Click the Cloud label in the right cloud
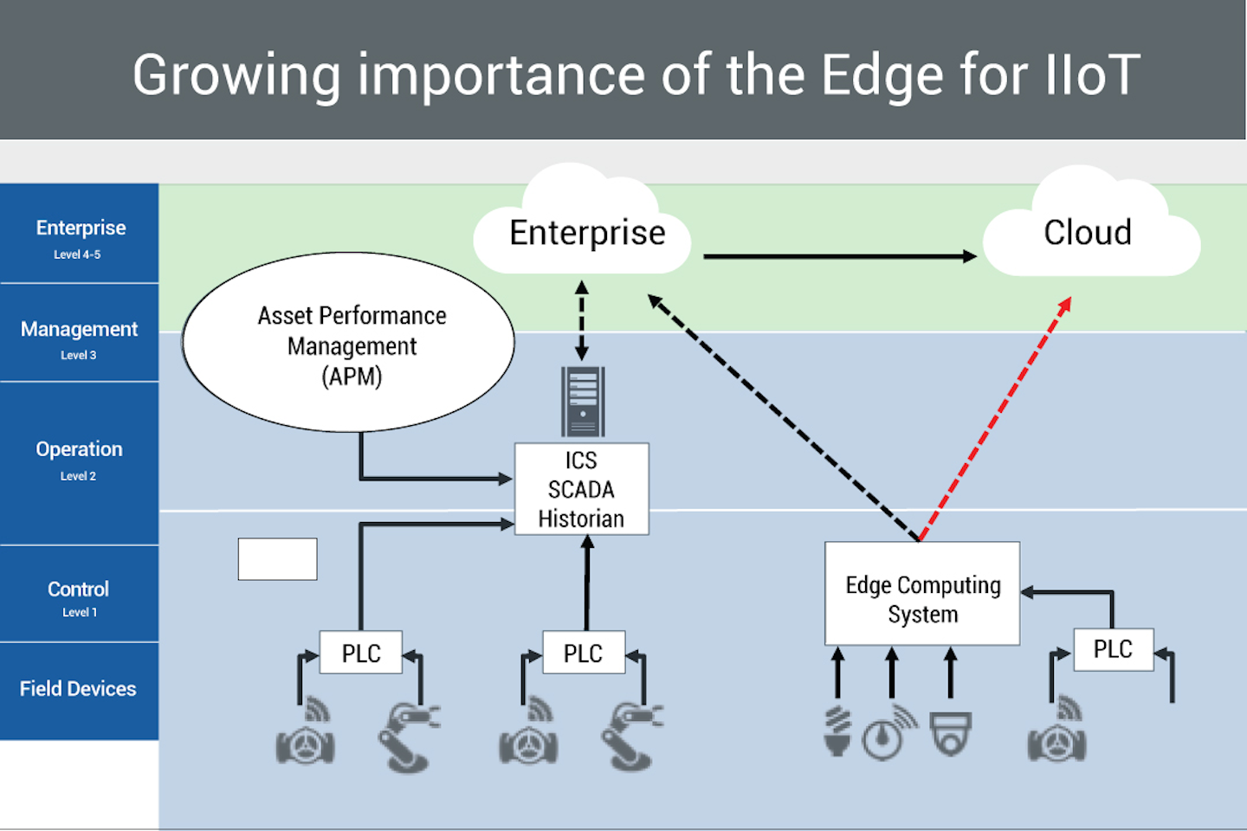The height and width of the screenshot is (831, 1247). tap(1087, 232)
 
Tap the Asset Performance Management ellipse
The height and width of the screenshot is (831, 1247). tap(349, 344)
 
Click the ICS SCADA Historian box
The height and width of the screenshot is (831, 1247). tap(581, 489)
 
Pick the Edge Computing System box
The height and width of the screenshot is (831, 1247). tap(922, 595)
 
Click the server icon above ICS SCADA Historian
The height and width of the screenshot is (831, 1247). tap(582, 401)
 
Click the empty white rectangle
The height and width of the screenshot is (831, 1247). tap(277, 559)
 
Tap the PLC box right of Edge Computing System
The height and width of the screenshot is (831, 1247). tap(1113, 649)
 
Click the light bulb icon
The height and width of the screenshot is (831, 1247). tap(837, 731)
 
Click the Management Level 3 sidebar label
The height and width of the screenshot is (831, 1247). tap(79, 336)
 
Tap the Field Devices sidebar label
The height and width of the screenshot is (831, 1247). tap(78, 689)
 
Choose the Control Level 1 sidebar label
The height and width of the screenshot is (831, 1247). tap(78, 596)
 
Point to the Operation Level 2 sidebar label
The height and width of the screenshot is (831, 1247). tap(79, 457)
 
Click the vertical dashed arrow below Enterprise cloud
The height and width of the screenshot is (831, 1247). tap(582, 320)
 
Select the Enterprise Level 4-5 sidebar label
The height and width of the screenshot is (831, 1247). tap(80, 235)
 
